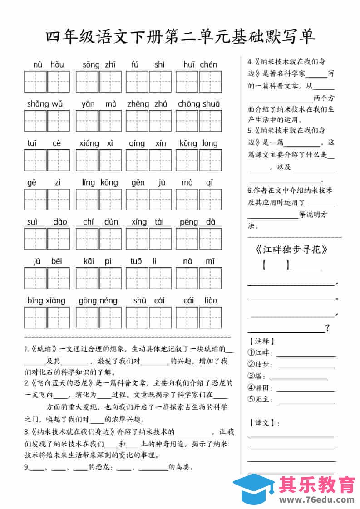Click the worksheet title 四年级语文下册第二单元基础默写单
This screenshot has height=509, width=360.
tap(180, 37)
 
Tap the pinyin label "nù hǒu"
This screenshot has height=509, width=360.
tap(48, 65)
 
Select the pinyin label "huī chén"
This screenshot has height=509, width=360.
tap(200, 65)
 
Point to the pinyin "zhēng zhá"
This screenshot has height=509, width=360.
tap(148, 104)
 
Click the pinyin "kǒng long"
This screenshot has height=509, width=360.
tap(198, 143)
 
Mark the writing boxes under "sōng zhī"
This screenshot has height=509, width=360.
tap(99, 82)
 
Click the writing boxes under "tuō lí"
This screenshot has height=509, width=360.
tap(148, 278)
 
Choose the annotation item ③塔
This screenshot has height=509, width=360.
tap(256, 376)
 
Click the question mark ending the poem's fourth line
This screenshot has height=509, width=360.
tap(327, 328)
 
